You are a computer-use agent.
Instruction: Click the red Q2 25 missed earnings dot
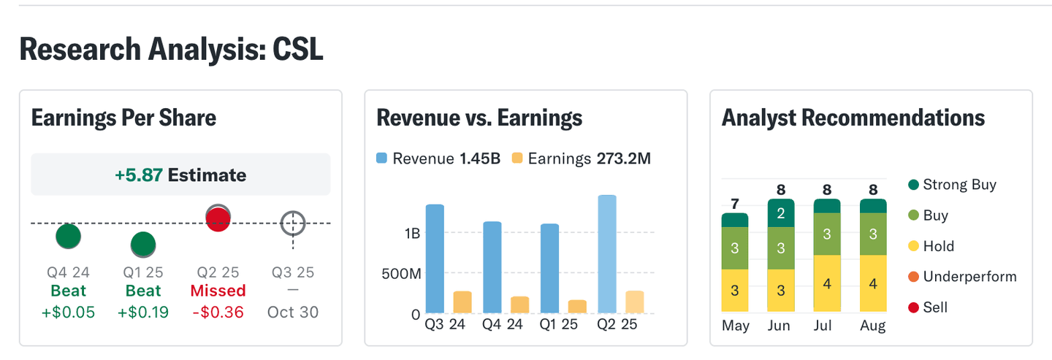[218, 219]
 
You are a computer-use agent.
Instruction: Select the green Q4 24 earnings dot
[68, 236]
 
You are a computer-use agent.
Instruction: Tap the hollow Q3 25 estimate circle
[293, 223]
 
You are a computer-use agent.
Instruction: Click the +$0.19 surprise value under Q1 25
[142, 312]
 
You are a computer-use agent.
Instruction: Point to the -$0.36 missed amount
[218, 312]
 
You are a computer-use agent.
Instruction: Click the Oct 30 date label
[293, 312]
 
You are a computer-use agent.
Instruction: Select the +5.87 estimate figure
[138, 175]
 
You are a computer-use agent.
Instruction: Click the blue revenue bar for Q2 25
[607, 254]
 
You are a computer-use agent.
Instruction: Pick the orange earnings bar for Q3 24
[462, 302]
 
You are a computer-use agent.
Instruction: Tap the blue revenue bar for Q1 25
[549, 269]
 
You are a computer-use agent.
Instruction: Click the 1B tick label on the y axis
[411, 234]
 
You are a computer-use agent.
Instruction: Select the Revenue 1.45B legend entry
[438, 158]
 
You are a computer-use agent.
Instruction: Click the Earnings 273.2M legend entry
[582, 158]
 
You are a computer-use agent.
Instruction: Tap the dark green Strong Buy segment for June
[781, 213]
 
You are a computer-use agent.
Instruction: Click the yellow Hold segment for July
[827, 283]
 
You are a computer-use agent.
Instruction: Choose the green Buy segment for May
[735, 248]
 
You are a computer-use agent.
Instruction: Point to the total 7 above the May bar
[735, 203]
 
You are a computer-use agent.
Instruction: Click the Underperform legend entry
[962, 277]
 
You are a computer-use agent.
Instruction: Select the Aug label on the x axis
[873, 326]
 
